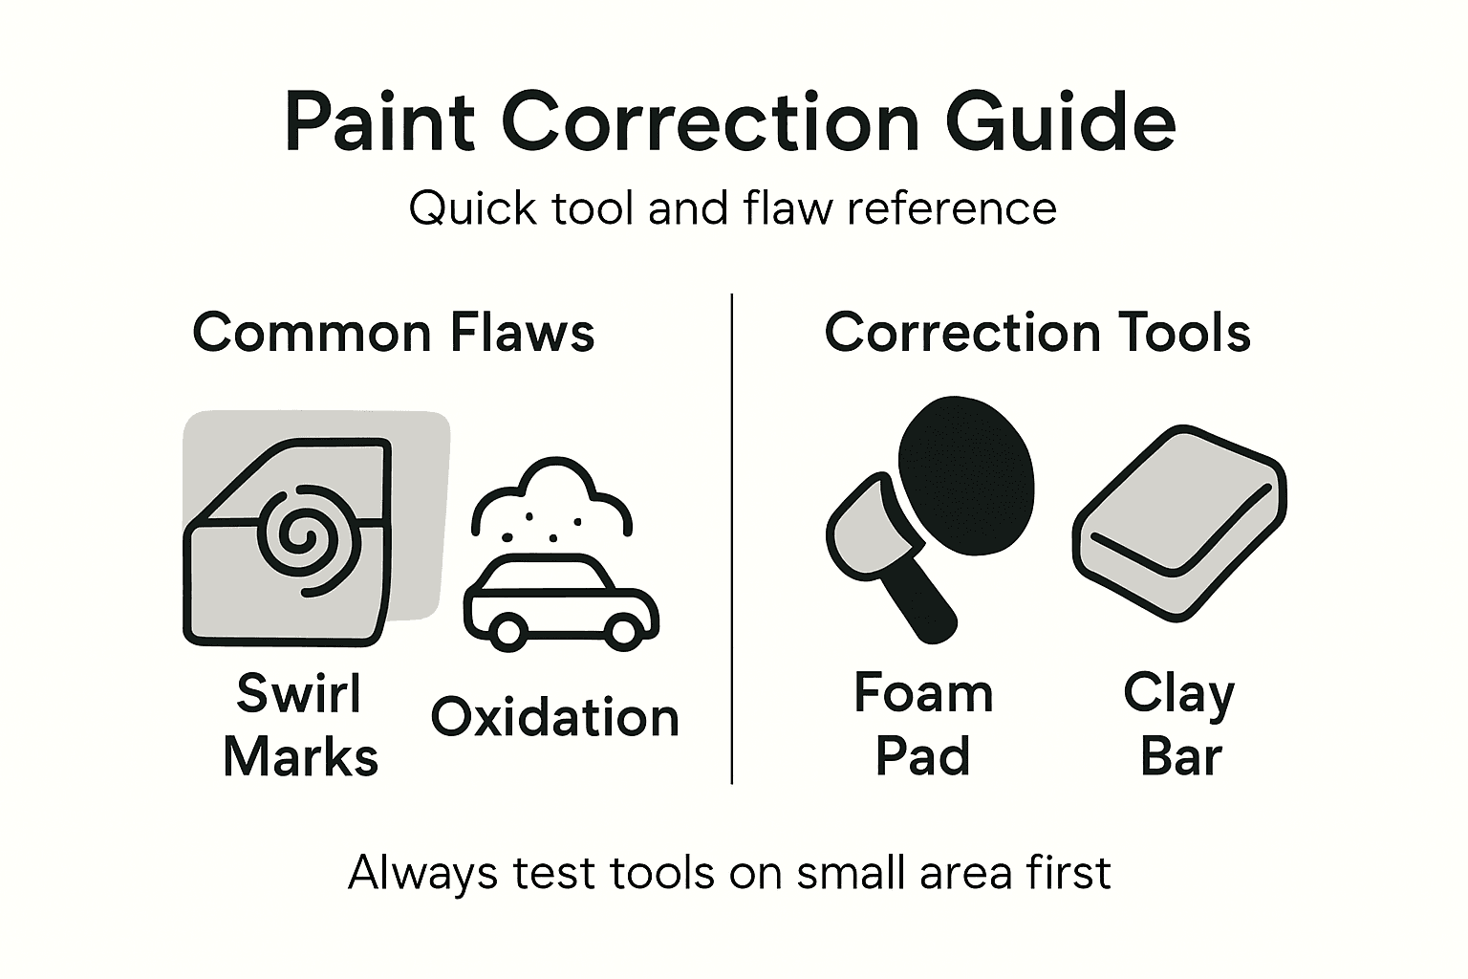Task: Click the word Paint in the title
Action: click(379, 123)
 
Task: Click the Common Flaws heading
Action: click(394, 334)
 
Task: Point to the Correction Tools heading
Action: click(1038, 334)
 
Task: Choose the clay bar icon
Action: click(1178, 522)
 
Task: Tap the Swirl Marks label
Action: click(300, 725)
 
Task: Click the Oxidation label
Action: click(554, 717)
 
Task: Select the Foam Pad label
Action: click(923, 725)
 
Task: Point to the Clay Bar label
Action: click(1179, 725)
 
